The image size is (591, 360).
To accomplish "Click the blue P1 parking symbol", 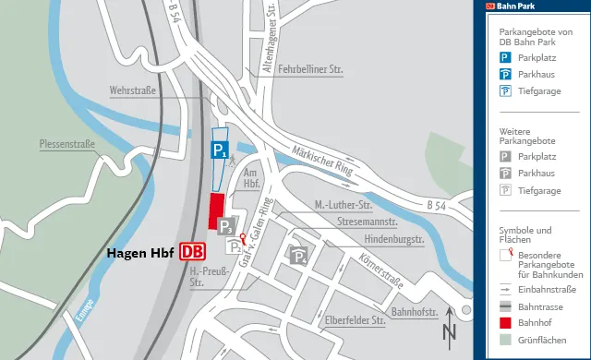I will (x=218, y=150).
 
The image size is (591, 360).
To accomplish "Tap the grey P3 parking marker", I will (x=226, y=225).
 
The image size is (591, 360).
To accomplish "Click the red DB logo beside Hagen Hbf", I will (x=193, y=251).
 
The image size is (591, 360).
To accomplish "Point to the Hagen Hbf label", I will (x=141, y=251).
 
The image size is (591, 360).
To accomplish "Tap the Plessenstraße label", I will (x=67, y=144).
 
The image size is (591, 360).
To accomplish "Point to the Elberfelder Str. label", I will (x=355, y=321).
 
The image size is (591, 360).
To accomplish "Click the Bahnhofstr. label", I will (x=415, y=313).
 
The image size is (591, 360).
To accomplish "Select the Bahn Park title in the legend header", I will (x=515, y=6).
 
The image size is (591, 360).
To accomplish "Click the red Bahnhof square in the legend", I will (x=505, y=322).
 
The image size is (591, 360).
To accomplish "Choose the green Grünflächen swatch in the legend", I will (x=505, y=339).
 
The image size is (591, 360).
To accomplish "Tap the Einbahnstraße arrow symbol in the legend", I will (x=505, y=289).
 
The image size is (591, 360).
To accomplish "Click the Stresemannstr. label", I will (x=368, y=222).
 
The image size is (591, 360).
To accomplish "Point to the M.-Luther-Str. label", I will (x=342, y=204).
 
